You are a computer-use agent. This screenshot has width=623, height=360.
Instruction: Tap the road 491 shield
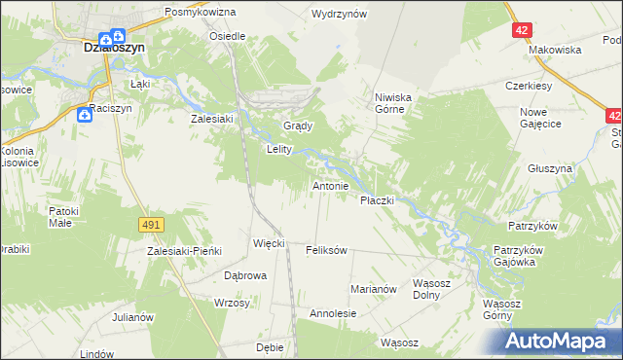[150, 225]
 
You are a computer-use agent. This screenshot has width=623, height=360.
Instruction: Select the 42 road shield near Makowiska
[523, 30]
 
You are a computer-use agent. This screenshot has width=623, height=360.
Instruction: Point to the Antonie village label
[330, 185]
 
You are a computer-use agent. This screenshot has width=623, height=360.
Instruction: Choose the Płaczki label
[377, 199]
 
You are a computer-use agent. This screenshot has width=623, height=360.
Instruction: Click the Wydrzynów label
[338, 14]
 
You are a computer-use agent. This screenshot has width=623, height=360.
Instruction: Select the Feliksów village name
[326, 250]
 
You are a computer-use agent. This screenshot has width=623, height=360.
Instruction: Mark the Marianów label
[374, 289]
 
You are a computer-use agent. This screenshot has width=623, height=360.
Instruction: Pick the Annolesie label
[333, 314]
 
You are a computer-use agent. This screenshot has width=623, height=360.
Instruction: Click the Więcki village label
[268, 242]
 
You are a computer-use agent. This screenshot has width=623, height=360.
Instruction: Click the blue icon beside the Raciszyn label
[85, 116]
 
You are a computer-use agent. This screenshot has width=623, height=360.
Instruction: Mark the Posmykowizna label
[201, 12]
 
